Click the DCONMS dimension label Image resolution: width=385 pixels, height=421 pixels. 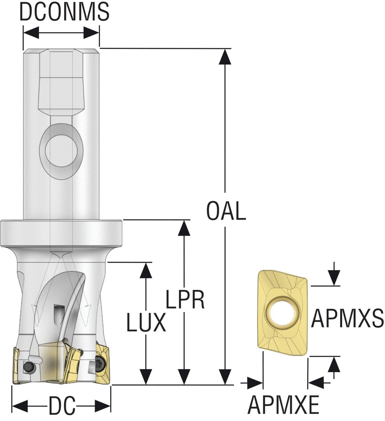(x=65, y=12)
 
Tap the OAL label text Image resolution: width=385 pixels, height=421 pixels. (x=226, y=211)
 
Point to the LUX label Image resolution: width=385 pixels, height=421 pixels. (x=146, y=323)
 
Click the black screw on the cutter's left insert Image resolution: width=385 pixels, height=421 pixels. (x=28, y=366)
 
